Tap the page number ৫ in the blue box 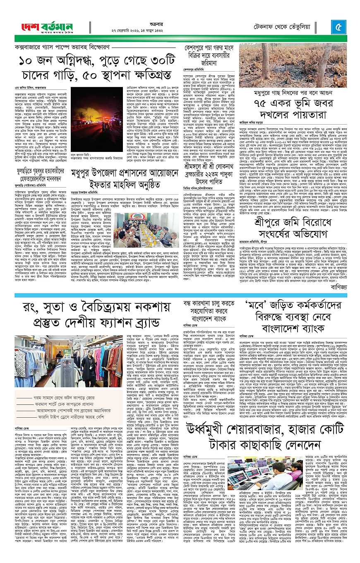(x=337, y=27)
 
